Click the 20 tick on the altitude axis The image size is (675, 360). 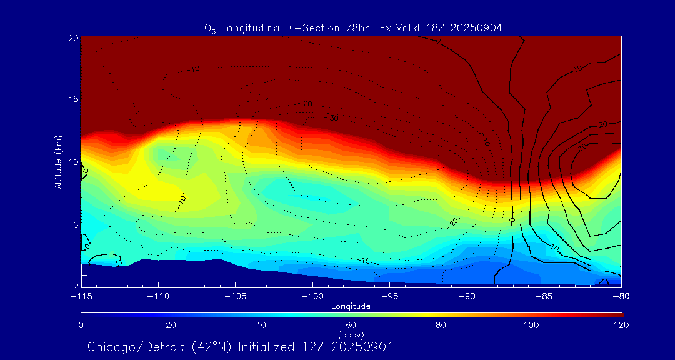(x=73, y=38)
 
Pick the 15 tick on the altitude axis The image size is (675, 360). (x=73, y=99)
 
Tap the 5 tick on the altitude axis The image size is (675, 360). (x=75, y=224)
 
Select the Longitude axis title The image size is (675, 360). (x=351, y=306)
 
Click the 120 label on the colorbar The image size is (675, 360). (x=621, y=325)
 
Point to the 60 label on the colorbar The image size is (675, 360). (x=351, y=325)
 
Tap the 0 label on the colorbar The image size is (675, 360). (x=81, y=325)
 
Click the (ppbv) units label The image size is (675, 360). (x=351, y=334)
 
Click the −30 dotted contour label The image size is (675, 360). (x=333, y=117)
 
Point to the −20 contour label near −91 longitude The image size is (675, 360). (x=453, y=222)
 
